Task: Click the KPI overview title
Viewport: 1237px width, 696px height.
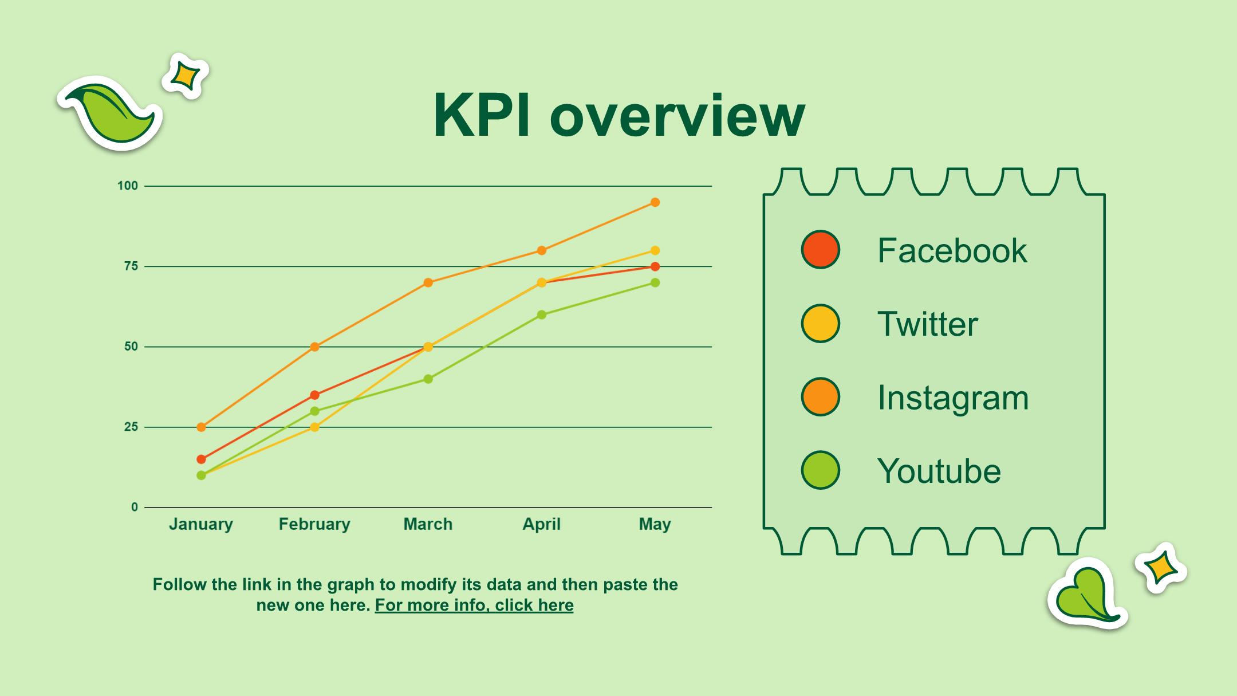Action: (x=619, y=116)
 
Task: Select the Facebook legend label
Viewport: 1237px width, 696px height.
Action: (x=952, y=250)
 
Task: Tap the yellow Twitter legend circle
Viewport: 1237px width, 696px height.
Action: (x=820, y=324)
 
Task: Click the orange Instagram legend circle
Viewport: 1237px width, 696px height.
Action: (x=820, y=397)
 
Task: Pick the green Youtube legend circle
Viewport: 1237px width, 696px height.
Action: (x=820, y=470)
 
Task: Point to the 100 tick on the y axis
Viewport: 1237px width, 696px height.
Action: (x=128, y=186)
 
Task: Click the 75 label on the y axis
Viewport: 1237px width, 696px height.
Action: (x=131, y=266)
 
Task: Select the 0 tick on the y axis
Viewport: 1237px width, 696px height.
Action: (x=135, y=507)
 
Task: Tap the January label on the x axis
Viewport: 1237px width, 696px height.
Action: (x=201, y=525)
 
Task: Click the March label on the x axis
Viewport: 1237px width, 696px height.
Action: (x=428, y=524)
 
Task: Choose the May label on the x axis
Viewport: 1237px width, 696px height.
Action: (x=655, y=525)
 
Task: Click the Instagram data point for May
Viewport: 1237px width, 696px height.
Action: (x=655, y=202)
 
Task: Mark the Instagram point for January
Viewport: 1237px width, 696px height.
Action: (x=201, y=427)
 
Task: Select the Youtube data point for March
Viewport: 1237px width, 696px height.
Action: (x=428, y=379)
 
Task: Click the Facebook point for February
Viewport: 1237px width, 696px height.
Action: (x=314, y=395)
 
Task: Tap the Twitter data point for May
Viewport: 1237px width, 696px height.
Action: (x=655, y=250)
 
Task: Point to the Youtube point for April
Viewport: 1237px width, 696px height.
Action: (x=542, y=314)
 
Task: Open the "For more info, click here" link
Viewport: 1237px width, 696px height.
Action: (x=474, y=605)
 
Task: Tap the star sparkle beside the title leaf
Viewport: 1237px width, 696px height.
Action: (x=185, y=76)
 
